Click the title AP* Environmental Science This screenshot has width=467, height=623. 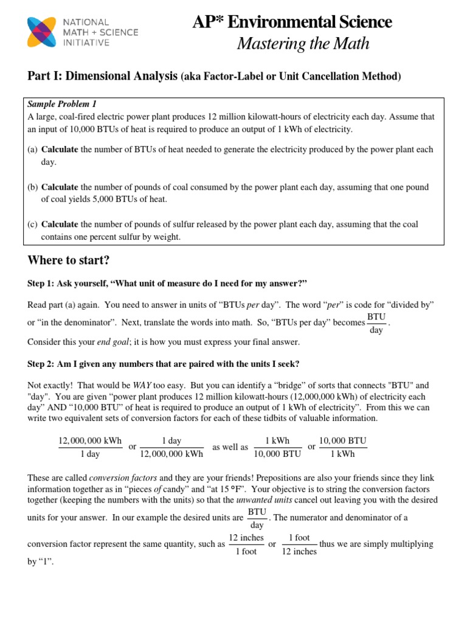tap(292, 23)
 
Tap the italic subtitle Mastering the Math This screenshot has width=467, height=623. tap(303, 44)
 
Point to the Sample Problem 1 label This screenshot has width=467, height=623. tap(62, 104)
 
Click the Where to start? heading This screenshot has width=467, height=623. tap(69, 260)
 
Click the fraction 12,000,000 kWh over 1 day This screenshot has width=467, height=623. tap(90, 447)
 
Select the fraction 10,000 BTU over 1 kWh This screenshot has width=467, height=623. tap(343, 447)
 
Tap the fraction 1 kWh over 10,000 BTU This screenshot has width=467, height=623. tap(277, 447)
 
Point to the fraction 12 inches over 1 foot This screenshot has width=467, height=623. tap(246, 545)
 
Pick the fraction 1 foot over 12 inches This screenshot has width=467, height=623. tap(299, 545)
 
